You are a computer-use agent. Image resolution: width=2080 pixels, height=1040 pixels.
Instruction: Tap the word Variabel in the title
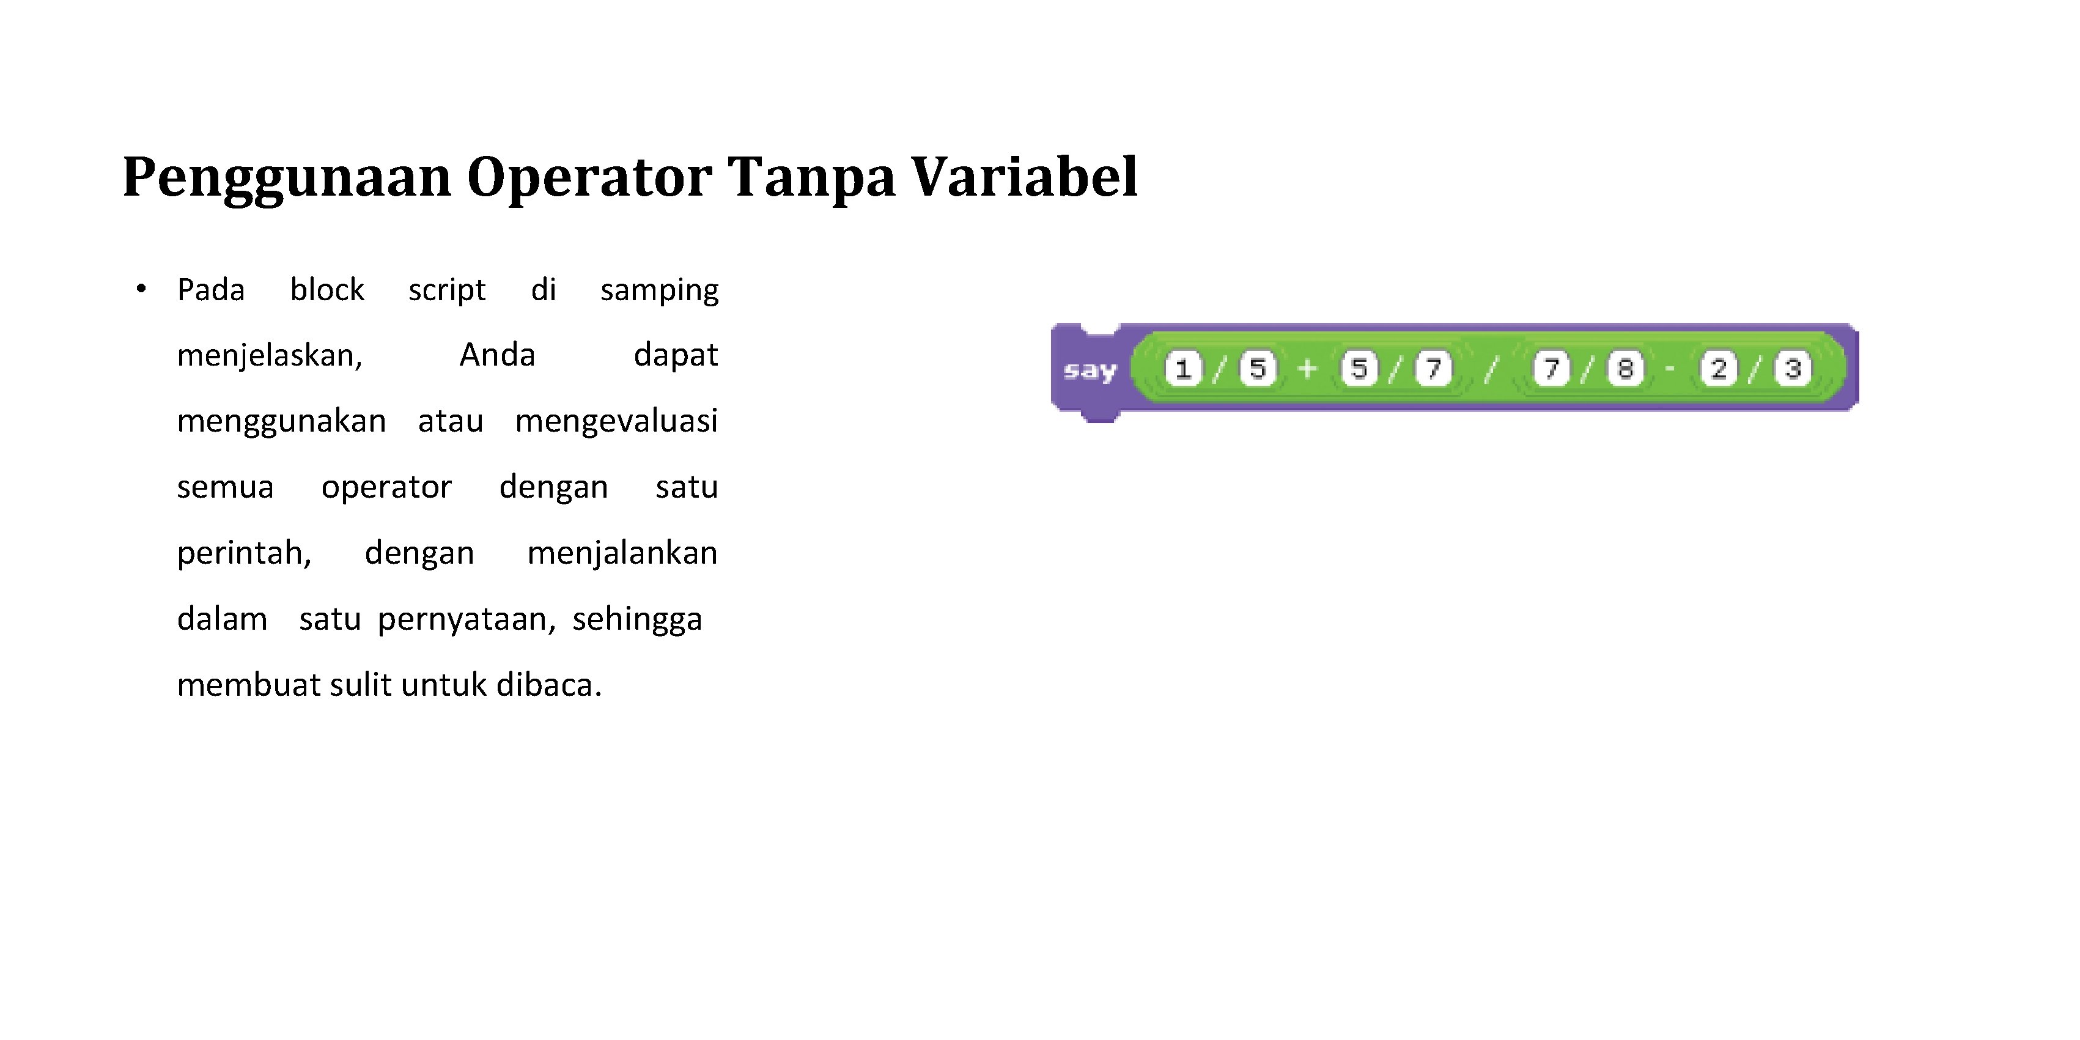[x=1025, y=176]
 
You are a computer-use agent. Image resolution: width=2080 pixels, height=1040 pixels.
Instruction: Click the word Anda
[x=496, y=355]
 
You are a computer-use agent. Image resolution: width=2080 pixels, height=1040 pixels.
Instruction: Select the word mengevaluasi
[x=616, y=421]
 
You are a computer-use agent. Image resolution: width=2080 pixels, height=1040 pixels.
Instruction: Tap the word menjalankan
[x=622, y=553]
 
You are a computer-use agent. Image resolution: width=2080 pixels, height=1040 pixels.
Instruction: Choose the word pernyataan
[x=467, y=620]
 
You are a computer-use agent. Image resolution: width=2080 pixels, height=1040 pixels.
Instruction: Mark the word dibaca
[x=549, y=685]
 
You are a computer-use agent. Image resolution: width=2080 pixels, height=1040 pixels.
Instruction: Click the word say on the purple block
[x=1090, y=371]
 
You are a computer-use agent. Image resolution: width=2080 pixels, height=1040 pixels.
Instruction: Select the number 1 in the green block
[x=1184, y=369]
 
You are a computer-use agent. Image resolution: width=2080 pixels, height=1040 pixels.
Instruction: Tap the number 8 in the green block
[x=1625, y=369]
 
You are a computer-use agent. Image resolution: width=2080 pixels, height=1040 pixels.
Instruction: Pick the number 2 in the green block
[x=1718, y=369]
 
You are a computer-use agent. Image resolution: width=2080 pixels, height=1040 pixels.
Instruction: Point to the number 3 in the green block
[x=1793, y=369]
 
